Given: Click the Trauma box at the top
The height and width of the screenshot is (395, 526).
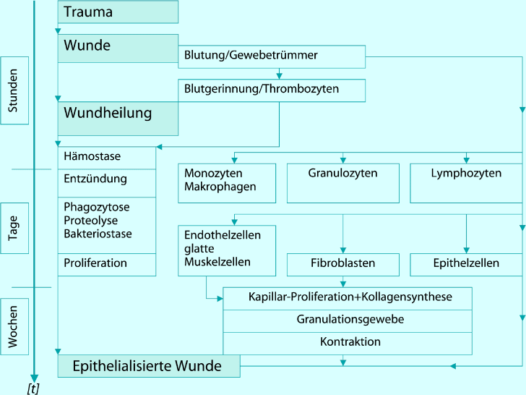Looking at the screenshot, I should pos(118,12).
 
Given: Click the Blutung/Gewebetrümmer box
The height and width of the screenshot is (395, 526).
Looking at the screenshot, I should pos(272,56).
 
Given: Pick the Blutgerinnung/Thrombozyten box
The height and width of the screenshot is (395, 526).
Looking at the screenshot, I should pos(272,90).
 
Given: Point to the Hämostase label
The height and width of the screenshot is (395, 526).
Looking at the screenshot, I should pos(92,156).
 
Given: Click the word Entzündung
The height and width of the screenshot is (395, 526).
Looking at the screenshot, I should pos(95,179).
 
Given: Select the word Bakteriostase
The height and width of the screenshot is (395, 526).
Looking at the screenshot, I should pos(98,234).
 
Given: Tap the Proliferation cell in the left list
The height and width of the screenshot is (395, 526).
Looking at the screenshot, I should pos(95,263).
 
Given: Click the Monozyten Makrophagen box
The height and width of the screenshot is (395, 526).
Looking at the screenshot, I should pos(227,183).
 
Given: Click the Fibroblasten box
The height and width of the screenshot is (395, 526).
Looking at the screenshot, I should pos(342,264).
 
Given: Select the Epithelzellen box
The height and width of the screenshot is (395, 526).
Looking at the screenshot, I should pos(466,264).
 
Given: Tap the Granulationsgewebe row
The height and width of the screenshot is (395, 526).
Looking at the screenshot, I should pos(350,319).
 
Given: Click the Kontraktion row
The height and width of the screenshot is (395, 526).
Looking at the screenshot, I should pos(350,341).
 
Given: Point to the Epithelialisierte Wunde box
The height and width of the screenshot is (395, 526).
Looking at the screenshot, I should pos(148,366).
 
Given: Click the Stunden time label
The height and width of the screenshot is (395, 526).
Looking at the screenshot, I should pos(14,90).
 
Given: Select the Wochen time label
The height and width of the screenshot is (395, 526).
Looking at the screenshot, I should pos(14,326).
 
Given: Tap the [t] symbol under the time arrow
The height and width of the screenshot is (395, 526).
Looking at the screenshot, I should pos(33,388).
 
